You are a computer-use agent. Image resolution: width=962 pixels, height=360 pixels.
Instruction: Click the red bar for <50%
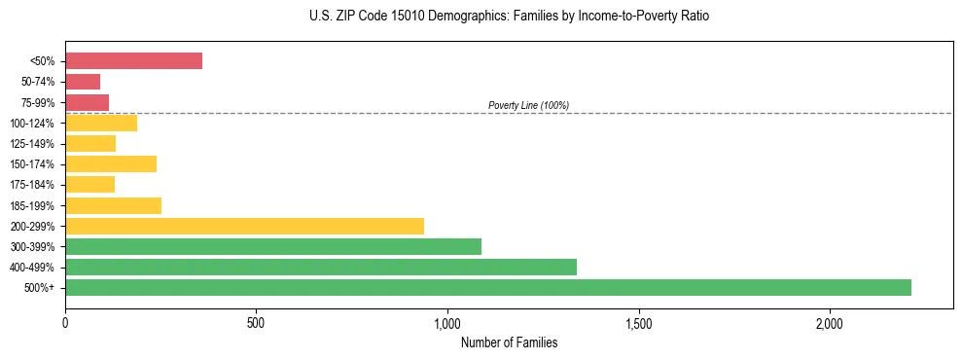(133, 61)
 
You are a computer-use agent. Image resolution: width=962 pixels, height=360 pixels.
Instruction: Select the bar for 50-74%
(83, 82)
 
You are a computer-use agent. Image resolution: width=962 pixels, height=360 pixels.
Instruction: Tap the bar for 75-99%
(87, 102)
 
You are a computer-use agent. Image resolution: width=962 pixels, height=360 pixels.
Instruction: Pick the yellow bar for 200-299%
(244, 226)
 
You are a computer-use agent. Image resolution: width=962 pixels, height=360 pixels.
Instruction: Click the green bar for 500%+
(487, 287)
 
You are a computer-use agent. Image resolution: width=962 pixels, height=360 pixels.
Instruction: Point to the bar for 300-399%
(272, 246)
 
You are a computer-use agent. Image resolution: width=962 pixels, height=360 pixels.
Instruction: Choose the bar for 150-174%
(111, 163)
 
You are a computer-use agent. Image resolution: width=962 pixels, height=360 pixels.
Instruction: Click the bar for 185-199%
(113, 205)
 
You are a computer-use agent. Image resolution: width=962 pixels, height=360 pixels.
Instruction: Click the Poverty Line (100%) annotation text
(528, 105)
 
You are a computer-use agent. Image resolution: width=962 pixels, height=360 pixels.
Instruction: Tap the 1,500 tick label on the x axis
(638, 324)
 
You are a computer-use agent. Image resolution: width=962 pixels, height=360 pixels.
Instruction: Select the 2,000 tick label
(830, 324)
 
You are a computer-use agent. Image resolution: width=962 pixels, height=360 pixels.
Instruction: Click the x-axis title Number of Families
(509, 342)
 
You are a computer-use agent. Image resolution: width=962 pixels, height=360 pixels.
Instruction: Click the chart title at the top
(509, 17)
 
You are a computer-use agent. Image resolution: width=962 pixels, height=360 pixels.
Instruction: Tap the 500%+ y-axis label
(39, 288)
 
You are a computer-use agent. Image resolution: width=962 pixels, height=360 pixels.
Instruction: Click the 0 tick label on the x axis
(65, 324)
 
